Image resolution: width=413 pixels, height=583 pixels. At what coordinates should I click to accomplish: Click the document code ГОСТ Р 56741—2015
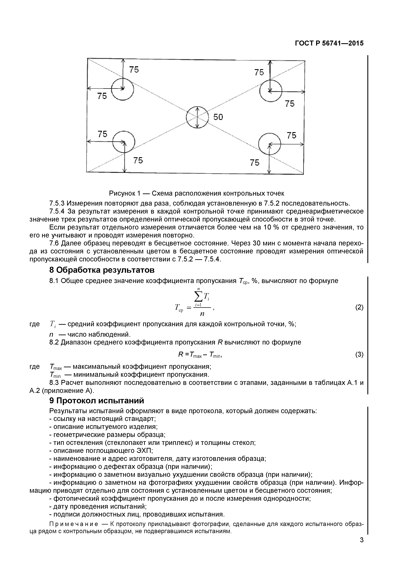pyautogui.click(x=329, y=43)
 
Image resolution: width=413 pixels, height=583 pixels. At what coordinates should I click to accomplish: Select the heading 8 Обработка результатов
pyautogui.click(x=102, y=270)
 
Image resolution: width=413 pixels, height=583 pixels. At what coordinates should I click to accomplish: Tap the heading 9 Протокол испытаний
pyautogui.click(x=97, y=401)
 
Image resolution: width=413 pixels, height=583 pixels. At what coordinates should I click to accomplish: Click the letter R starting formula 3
pyautogui.click(x=181, y=354)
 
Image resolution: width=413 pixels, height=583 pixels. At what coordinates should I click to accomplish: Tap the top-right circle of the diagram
pyautogui.click(x=271, y=91)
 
